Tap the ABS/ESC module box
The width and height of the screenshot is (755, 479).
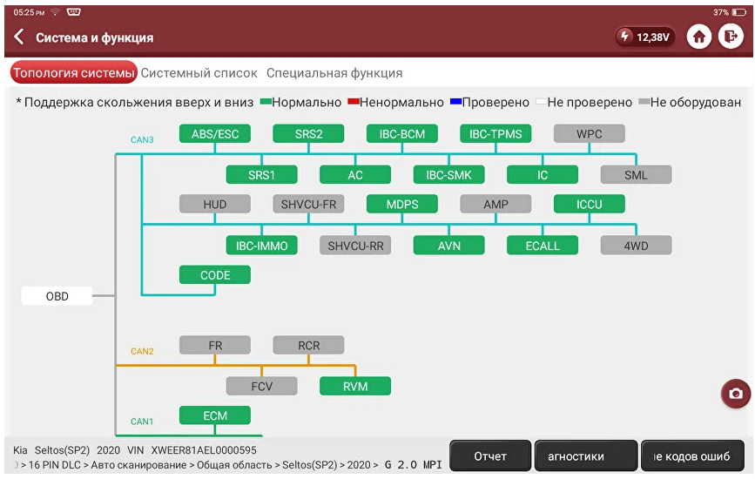click(215, 134)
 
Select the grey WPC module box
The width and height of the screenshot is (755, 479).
click(590, 134)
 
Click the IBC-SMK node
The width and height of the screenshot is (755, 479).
click(448, 175)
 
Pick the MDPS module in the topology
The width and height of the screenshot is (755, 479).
click(402, 204)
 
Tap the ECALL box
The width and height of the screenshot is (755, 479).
click(543, 246)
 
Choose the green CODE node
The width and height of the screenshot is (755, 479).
click(215, 275)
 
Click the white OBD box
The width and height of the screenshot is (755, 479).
click(57, 296)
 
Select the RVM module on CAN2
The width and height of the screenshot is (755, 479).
click(355, 386)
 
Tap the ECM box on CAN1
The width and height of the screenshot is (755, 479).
click(215, 415)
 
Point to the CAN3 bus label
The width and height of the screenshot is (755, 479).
click(142, 139)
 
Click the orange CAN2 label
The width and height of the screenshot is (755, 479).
click(142, 352)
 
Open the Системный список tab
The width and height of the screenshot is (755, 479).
click(199, 73)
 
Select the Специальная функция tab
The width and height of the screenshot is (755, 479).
click(334, 73)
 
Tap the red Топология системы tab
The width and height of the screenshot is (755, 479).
click(74, 72)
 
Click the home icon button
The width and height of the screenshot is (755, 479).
click(699, 37)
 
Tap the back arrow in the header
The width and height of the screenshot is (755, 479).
click(19, 37)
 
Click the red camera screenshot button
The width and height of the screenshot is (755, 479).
click(736, 394)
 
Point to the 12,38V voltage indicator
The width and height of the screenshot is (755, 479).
click(645, 37)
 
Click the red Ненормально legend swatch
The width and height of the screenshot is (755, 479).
click(354, 102)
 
